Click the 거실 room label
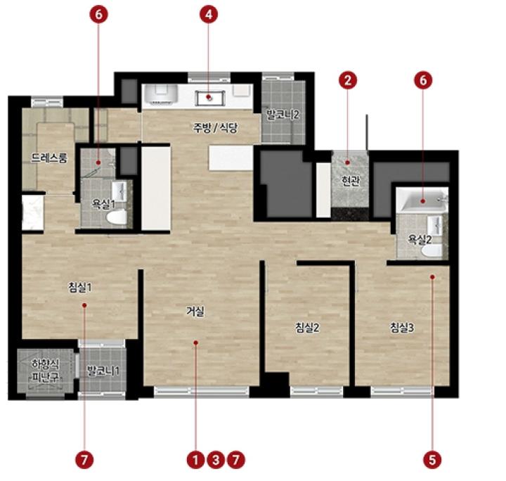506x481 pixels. (195, 312)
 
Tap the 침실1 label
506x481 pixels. (79, 287)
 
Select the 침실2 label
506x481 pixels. (308, 328)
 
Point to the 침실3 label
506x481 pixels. (402, 328)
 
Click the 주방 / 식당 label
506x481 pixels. (215, 128)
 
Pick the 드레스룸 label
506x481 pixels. (49, 158)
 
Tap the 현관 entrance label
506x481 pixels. (351, 181)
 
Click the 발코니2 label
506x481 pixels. (283, 115)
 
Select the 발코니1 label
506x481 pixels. (103, 371)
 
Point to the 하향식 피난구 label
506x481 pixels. (46, 371)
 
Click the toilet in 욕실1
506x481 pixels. (117, 217)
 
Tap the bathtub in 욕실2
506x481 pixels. (422, 200)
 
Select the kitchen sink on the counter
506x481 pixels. (209, 98)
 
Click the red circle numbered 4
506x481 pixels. (209, 15)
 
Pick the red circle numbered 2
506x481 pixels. (348, 80)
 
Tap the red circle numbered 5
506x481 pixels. (432, 460)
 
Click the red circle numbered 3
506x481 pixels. (216, 460)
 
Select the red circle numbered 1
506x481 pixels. (195, 460)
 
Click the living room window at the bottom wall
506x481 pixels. (202, 391)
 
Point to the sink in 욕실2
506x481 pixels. (434, 225)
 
